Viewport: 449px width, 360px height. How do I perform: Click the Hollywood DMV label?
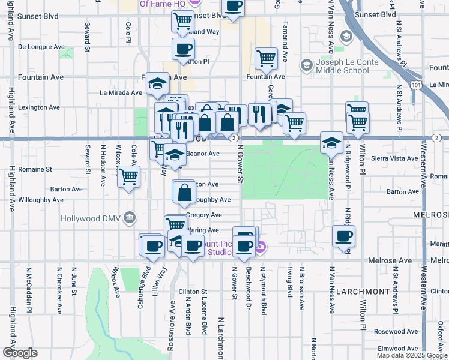[90, 218]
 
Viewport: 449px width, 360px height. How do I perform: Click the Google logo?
[20, 352]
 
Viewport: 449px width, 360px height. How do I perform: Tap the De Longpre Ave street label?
[41, 46]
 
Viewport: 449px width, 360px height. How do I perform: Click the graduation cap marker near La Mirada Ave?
[157, 84]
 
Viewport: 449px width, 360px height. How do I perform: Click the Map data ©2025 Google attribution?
[412, 355]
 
